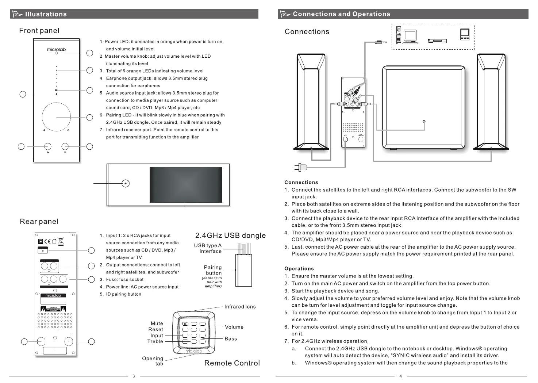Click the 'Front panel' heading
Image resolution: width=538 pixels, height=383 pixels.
(x=39, y=31)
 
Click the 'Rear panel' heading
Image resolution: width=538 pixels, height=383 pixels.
(x=39, y=222)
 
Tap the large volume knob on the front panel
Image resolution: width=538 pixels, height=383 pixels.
(x=56, y=116)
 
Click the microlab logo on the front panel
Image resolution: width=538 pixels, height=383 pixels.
(x=56, y=49)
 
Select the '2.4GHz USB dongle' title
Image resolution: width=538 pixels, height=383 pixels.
(x=230, y=235)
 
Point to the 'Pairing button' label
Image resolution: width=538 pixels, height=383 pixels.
(x=213, y=270)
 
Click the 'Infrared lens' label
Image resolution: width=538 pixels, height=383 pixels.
(x=240, y=307)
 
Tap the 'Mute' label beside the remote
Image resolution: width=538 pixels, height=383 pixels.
(x=157, y=323)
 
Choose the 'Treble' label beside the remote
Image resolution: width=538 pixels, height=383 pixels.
(x=155, y=341)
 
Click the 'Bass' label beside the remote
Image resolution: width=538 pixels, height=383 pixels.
(x=231, y=339)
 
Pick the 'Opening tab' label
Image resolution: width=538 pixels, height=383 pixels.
(x=153, y=361)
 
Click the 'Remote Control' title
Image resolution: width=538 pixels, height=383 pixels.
(x=232, y=363)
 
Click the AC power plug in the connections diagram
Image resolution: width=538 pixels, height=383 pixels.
(x=301, y=167)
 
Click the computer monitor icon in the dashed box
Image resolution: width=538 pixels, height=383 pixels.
(x=410, y=36)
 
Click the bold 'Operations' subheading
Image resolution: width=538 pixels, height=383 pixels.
(x=299, y=269)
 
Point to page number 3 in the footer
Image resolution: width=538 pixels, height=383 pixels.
(x=134, y=376)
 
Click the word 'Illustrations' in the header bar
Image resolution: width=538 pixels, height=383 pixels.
(x=46, y=14)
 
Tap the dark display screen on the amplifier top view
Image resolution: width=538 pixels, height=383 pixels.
(x=186, y=184)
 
